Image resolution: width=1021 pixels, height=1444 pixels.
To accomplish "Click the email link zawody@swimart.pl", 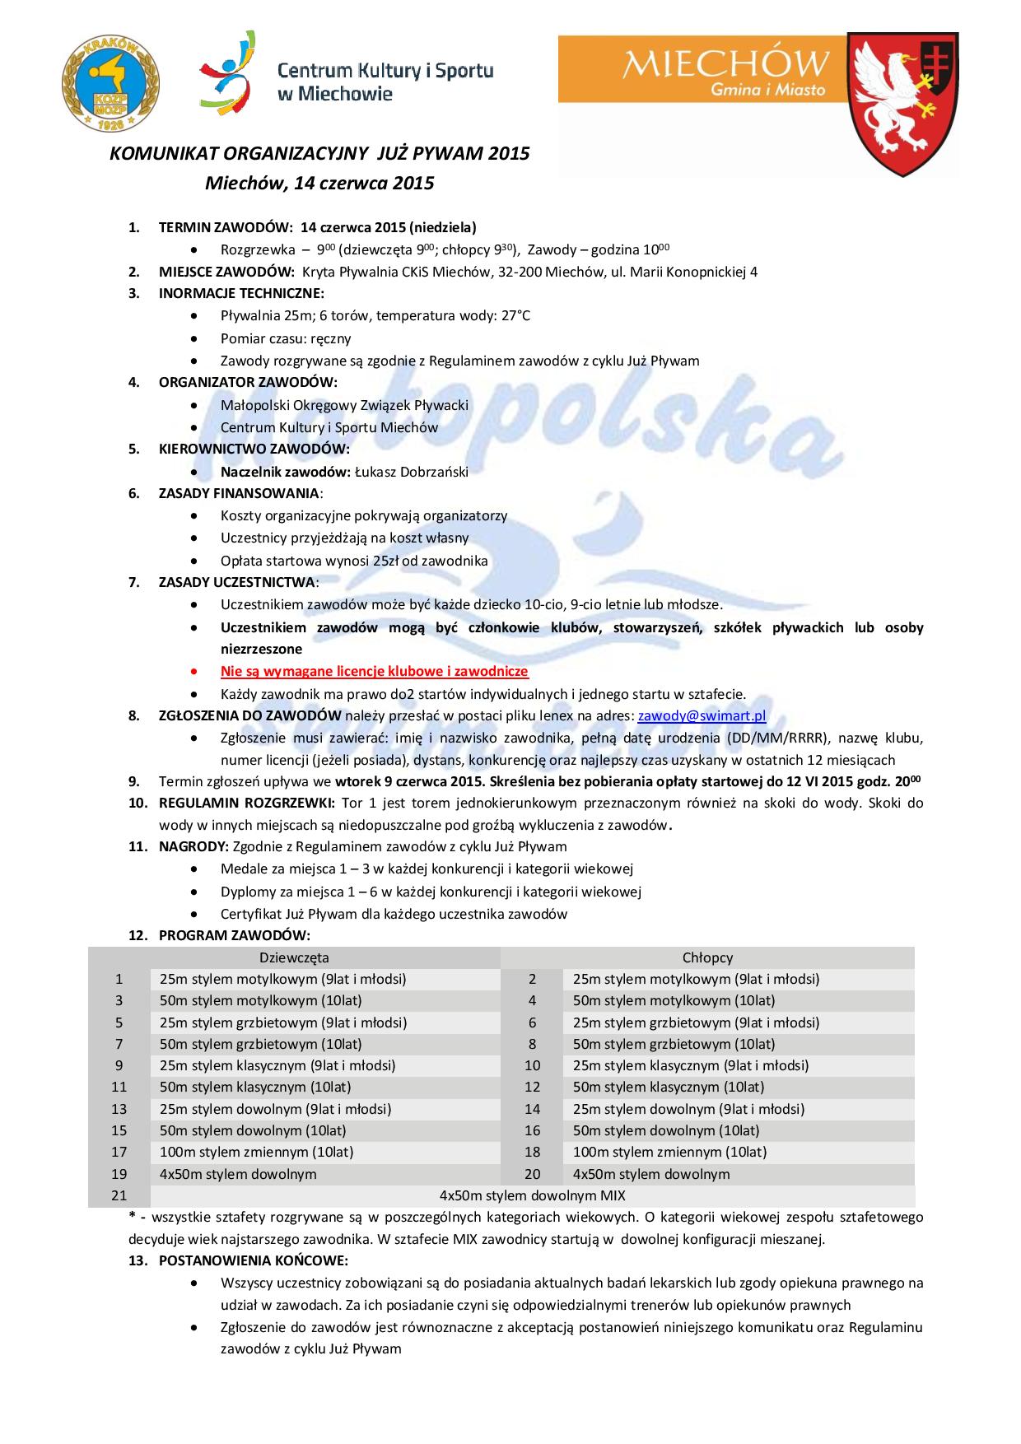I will (x=702, y=715).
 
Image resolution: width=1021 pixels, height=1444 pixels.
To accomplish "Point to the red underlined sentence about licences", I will (x=374, y=671).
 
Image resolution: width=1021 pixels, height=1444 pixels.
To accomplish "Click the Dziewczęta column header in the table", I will (x=294, y=957).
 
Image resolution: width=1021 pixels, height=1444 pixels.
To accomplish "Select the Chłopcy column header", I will (x=707, y=957).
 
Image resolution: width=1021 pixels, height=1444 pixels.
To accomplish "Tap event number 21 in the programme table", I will (x=119, y=1195).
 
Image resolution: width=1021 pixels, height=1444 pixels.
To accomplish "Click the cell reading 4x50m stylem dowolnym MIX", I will (x=532, y=1195).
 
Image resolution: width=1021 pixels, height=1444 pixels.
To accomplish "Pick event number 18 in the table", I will (x=532, y=1152).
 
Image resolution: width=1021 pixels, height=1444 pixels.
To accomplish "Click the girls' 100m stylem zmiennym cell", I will (x=256, y=1152).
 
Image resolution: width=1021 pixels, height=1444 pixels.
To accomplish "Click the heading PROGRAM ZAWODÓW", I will (x=234, y=935).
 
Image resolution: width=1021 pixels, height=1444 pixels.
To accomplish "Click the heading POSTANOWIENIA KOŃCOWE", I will (x=253, y=1260).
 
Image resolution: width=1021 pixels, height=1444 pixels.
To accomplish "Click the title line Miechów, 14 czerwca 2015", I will (x=319, y=183).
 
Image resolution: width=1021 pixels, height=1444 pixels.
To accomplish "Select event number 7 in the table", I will (x=119, y=1044).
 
